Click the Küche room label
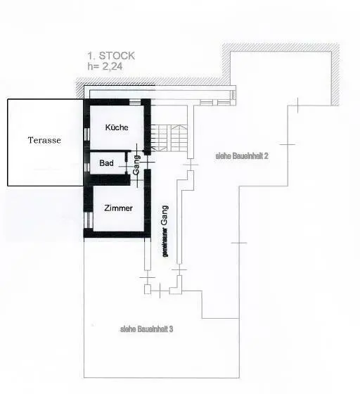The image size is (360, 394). click(117, 127)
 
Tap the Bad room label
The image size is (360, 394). click(106, 163)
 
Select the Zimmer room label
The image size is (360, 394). click(118, 208)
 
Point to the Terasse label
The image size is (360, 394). click(44, 140)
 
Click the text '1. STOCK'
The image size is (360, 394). click(111, 56)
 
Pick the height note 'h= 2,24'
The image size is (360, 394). click(105, 66)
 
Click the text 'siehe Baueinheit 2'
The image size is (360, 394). click(242, 156)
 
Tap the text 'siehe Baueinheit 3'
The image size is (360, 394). click(147, 329)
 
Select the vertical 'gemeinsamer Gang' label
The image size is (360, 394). click(165, 231)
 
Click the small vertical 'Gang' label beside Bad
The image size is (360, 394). click(136, 165)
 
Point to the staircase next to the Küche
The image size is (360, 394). click(169, 138)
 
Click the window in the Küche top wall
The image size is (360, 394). click(135, 102)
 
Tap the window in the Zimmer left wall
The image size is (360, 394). click(89, 220)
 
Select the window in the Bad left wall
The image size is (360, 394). click(87, 167)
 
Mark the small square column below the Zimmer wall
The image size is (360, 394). click(148, 289)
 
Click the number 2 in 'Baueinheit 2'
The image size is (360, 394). click(266, 156)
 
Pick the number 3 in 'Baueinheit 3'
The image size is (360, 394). click(171, 329)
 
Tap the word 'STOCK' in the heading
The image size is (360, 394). click(117, 56)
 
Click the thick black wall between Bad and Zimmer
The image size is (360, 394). click(110, 180)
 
